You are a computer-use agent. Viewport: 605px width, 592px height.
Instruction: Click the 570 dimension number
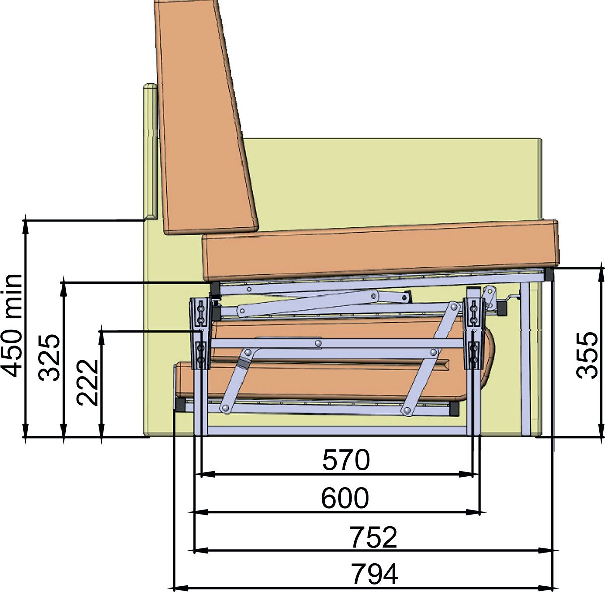coord(346,460)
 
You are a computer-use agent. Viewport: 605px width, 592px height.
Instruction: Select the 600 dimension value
coord(345,498)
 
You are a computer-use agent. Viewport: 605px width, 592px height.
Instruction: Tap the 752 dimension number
coord(374,537)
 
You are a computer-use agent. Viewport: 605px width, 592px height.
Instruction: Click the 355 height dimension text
coord(587,356)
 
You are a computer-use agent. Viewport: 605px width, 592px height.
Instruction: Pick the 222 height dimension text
coord(87,382)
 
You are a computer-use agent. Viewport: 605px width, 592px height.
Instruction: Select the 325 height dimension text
coord(49,358)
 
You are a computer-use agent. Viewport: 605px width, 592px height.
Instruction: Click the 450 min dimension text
coord(12,326)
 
